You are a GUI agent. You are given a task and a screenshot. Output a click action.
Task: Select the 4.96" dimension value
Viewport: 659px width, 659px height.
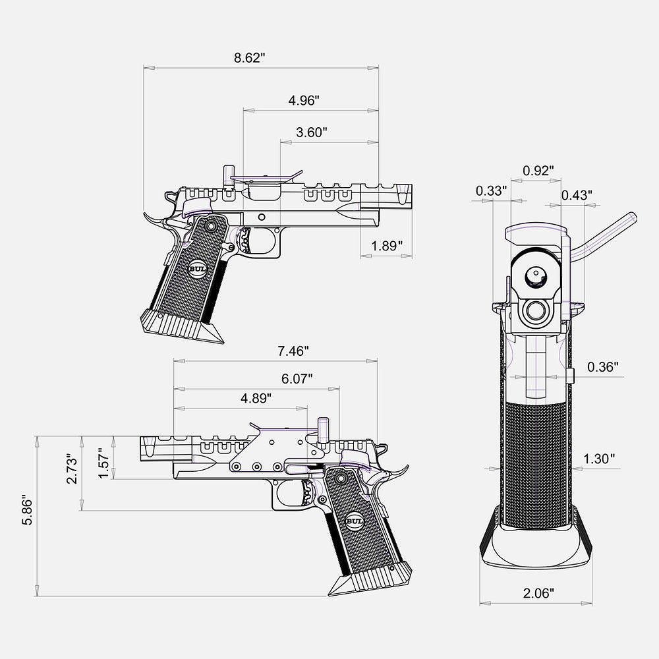tap(304, 101)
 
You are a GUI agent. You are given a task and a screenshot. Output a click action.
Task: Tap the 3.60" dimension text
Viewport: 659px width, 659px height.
tap(312, 132)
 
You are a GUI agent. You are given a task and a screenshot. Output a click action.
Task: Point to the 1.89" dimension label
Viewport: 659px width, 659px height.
tap(387, 246)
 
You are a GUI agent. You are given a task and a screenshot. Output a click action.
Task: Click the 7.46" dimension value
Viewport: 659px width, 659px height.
tap(293, 351)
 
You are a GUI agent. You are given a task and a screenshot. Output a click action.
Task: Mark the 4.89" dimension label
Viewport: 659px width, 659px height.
tap(256, 399)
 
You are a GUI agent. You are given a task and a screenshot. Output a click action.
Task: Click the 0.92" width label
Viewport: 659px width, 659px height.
tap(538, 171)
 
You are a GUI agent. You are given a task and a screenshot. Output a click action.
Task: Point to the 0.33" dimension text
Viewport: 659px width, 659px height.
tap(491, 191)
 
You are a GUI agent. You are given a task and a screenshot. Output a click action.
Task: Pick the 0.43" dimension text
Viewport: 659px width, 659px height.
tap(577, 195)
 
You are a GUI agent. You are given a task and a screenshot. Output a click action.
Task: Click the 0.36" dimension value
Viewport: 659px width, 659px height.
tap(602, 367)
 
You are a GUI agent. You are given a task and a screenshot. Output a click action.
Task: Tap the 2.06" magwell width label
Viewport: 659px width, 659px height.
tap(538, 592)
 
